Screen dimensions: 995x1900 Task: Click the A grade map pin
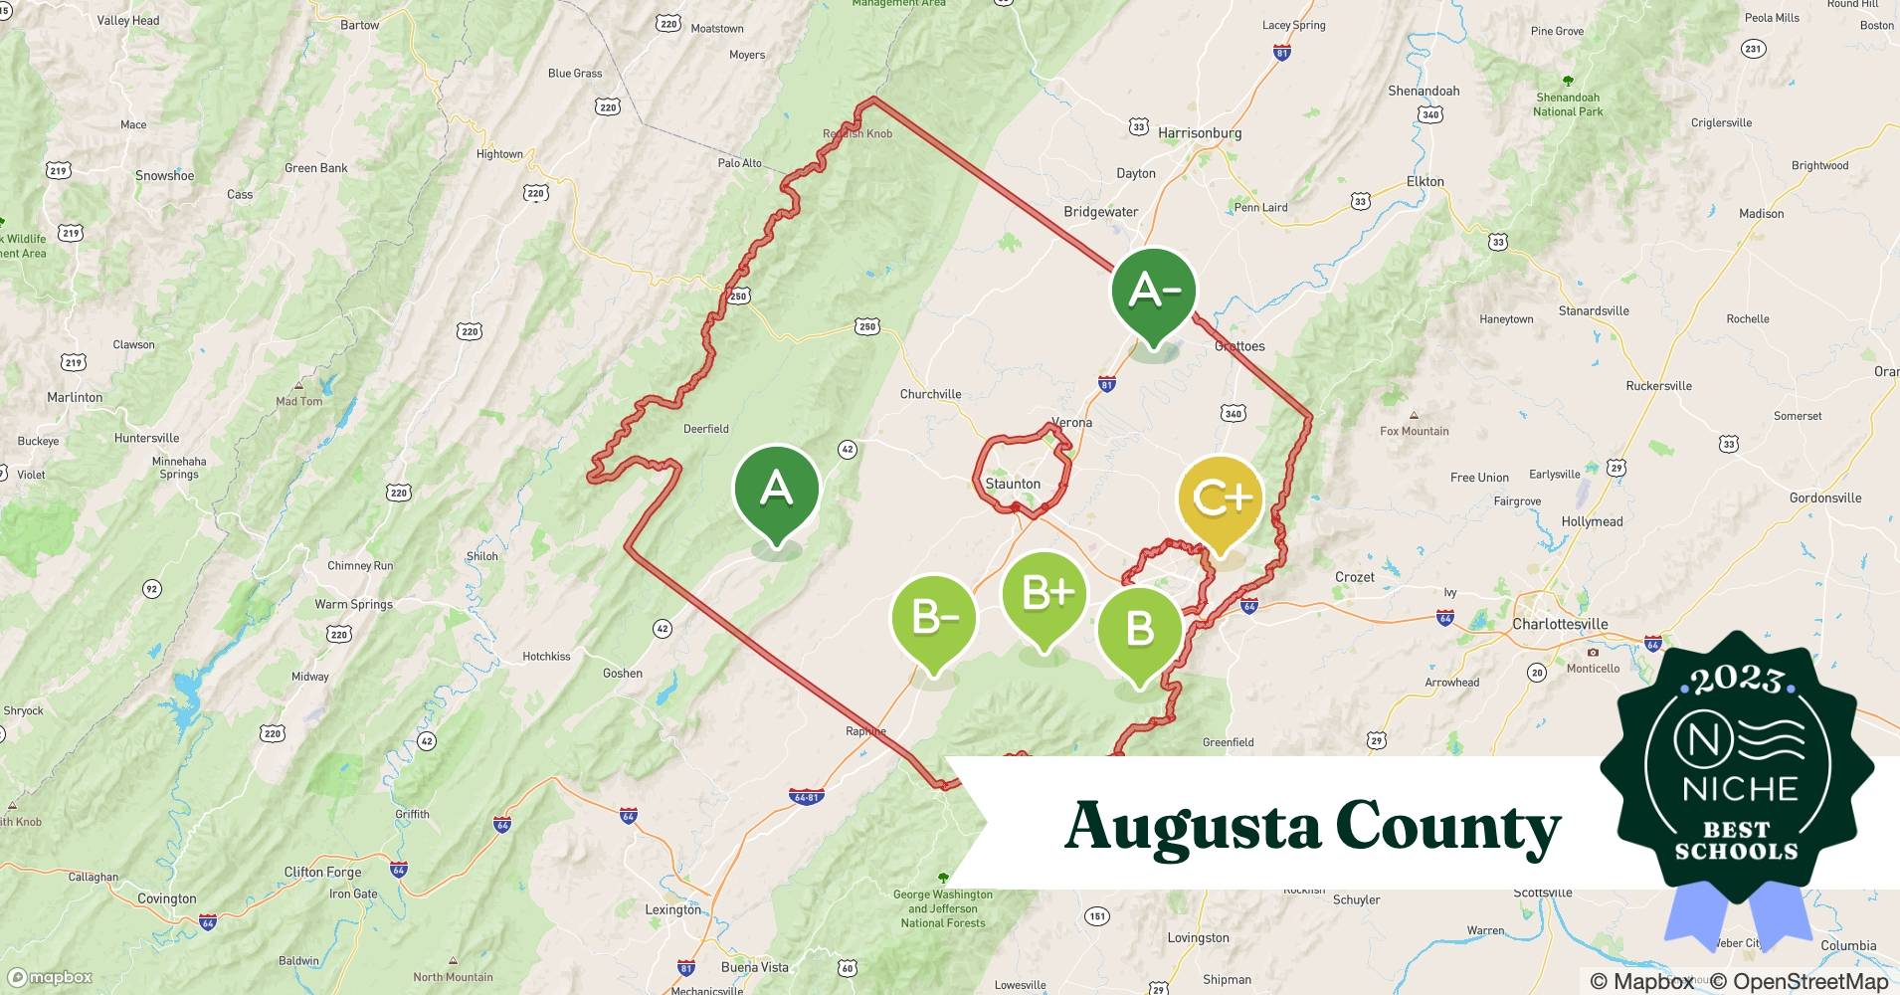776,491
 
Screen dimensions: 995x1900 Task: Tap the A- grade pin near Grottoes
1153,292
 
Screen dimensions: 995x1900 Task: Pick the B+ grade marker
1045,595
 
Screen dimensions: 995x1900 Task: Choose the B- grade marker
934,619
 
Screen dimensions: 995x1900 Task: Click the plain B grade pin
1140,630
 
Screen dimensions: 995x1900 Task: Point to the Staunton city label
1013,484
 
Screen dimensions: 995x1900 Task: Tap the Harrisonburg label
1200,132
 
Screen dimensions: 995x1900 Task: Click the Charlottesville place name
1560,624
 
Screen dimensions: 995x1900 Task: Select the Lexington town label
672,909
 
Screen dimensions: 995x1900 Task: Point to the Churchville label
930,394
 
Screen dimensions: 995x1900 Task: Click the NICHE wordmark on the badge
1740,788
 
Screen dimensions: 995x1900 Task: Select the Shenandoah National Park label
1568,104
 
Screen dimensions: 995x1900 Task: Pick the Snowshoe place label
165,176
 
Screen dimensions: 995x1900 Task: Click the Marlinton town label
75,397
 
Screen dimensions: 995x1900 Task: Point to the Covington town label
166,898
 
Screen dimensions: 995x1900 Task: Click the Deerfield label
706,429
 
